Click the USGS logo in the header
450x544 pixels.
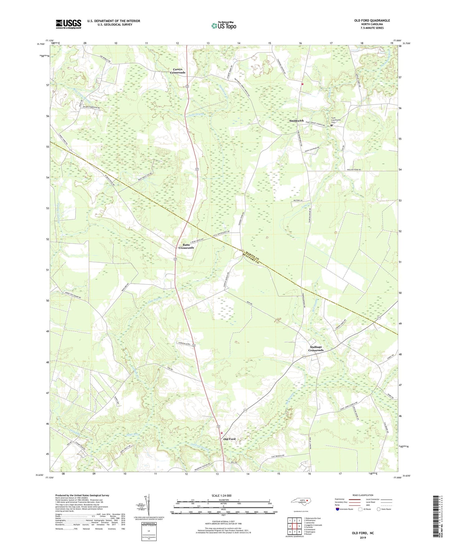(69, 24)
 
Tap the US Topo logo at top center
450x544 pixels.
(223, 26)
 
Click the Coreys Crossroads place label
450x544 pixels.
(178, 71)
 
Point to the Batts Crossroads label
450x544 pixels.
(186, 246)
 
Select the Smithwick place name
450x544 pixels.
(296, 121)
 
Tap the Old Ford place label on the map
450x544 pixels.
(230, 439)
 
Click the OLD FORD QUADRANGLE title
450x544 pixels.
(372, 21)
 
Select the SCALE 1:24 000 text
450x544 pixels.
(221, 495)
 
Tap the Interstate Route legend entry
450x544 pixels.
(345, 509)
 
